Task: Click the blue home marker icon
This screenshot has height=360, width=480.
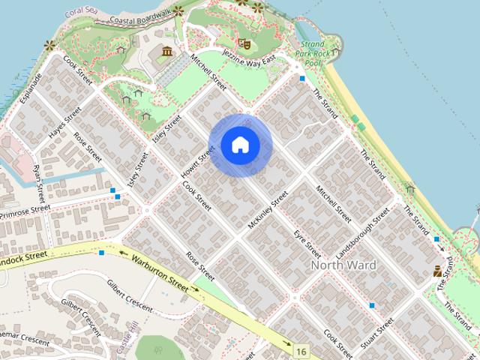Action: coord(240,145)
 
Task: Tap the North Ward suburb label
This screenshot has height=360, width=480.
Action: coord(343,265)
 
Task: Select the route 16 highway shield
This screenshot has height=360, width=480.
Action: coord(301,351)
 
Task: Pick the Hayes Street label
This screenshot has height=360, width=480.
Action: coord(64,123)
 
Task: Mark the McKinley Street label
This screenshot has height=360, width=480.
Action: coord(268,211)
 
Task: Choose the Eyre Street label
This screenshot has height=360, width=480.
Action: coord(307,244)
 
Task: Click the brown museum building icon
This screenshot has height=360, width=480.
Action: coord(166,51)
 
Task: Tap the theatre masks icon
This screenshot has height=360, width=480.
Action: coord(242,43)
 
